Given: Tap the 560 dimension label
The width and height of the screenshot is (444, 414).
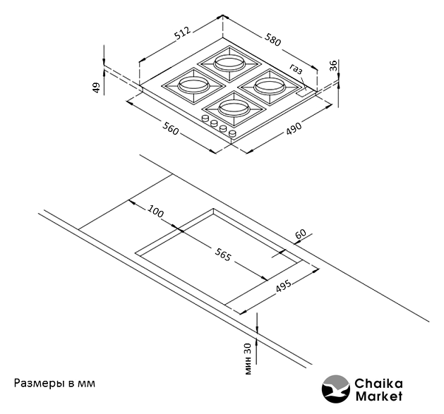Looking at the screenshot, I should tap(169, 128).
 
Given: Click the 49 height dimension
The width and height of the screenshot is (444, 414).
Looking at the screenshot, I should tap(96, 87).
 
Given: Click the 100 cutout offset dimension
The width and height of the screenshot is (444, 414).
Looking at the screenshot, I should tap(155, 212).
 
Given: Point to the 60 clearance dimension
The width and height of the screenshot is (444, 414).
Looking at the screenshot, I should tap(300, 234).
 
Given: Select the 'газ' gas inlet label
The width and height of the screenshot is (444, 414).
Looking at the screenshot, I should tap(296, 69).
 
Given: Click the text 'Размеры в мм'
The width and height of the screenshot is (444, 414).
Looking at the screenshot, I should tap(54, 384).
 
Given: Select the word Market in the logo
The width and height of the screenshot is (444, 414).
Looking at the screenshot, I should tap(378, 396).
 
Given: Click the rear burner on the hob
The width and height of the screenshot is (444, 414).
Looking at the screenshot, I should tap(227, 62).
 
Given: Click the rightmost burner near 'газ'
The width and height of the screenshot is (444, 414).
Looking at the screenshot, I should tap(268, 86).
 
